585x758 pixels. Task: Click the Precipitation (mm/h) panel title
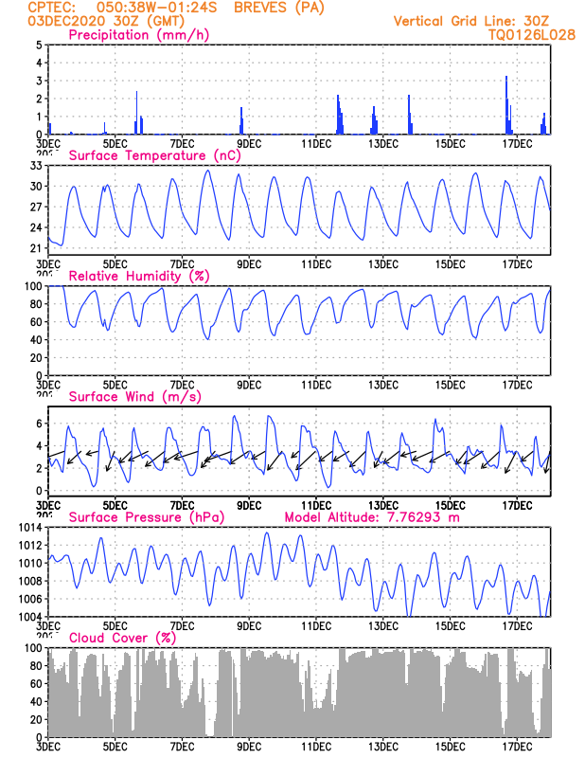point(138,35)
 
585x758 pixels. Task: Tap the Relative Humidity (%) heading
point(137,276)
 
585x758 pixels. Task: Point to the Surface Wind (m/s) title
point(134,397)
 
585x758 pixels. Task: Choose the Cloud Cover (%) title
point(123,638)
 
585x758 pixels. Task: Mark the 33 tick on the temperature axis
point(37,166)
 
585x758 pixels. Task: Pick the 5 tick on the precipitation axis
point(39,45)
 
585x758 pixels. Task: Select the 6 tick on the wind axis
point(39,423)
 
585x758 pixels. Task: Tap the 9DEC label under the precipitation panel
point(249,143)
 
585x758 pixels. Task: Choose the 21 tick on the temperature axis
point(37,248)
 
